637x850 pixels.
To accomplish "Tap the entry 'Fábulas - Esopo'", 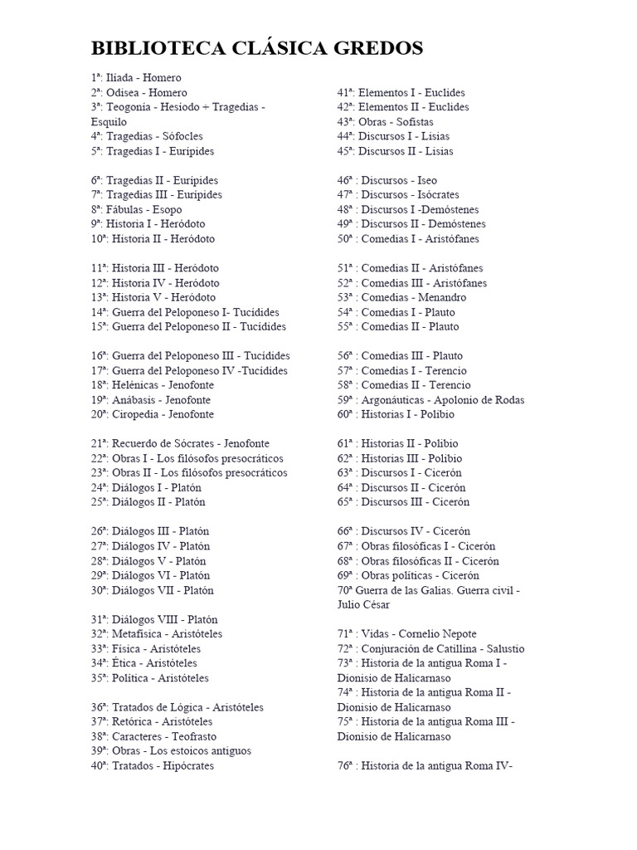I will [x=136, y=209].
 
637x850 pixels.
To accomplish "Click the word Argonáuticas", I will [x=395, y=400].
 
